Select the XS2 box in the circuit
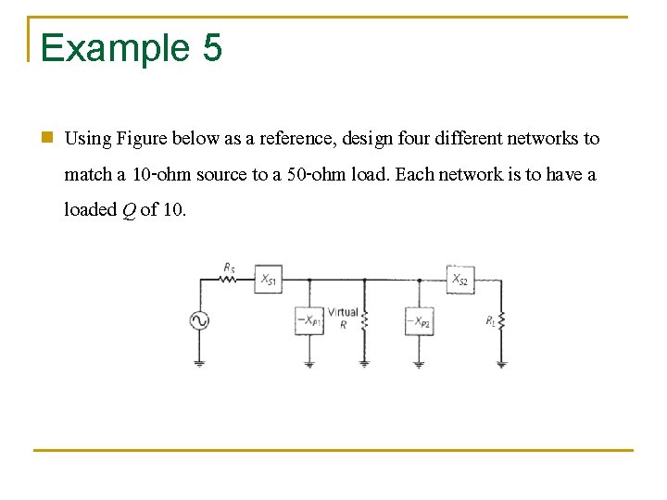click(x=459, y=279)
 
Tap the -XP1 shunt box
click(x=308, y=320)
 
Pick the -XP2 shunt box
click(x=419, y=321)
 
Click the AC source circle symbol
click(x=199, y=320)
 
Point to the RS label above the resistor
click(x=229, y=267)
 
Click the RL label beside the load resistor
click(x=490, y=320)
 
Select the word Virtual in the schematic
click(x=343, y=313)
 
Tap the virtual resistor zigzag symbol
click(x=364, y=320)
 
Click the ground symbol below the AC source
click(x=199, y=362)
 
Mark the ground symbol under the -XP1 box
click(x=308, y=364)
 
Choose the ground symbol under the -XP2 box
click(x=419, y=364)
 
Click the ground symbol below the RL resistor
click(x=501, y=364)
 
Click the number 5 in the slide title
click(x=211, y=47)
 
